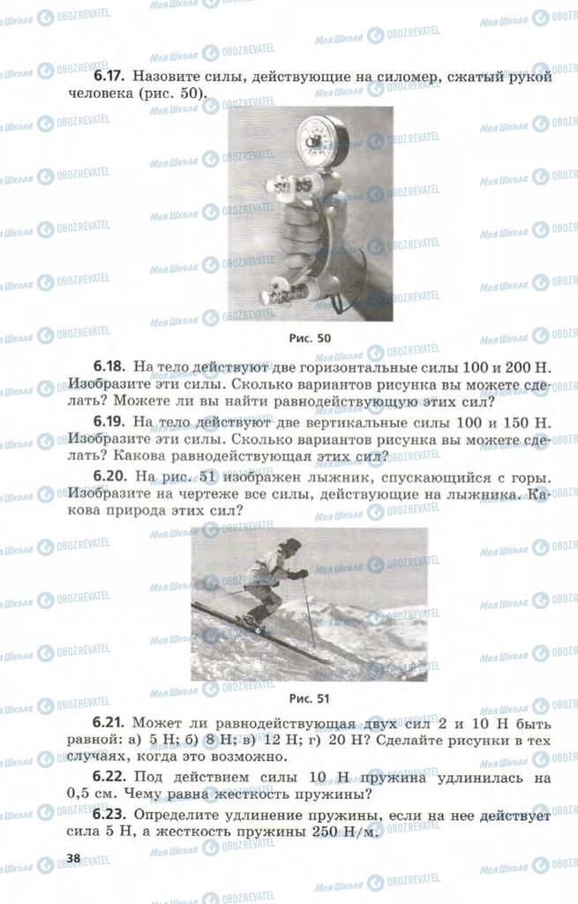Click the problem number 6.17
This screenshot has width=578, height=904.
(x=109, y=76)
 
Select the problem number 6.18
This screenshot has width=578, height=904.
(x=109, y=366)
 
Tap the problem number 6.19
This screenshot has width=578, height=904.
(x=109, y=422)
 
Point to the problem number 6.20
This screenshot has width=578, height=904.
(x=109, y=477)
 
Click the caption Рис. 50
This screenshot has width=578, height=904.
(x=310, y=338)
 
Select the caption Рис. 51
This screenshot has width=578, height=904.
(x=310, y=699)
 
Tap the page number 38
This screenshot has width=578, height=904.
(x=73, y=858)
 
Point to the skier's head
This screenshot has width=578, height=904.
(x=291, y=546)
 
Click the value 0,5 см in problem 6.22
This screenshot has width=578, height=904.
(x=92, y=794)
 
